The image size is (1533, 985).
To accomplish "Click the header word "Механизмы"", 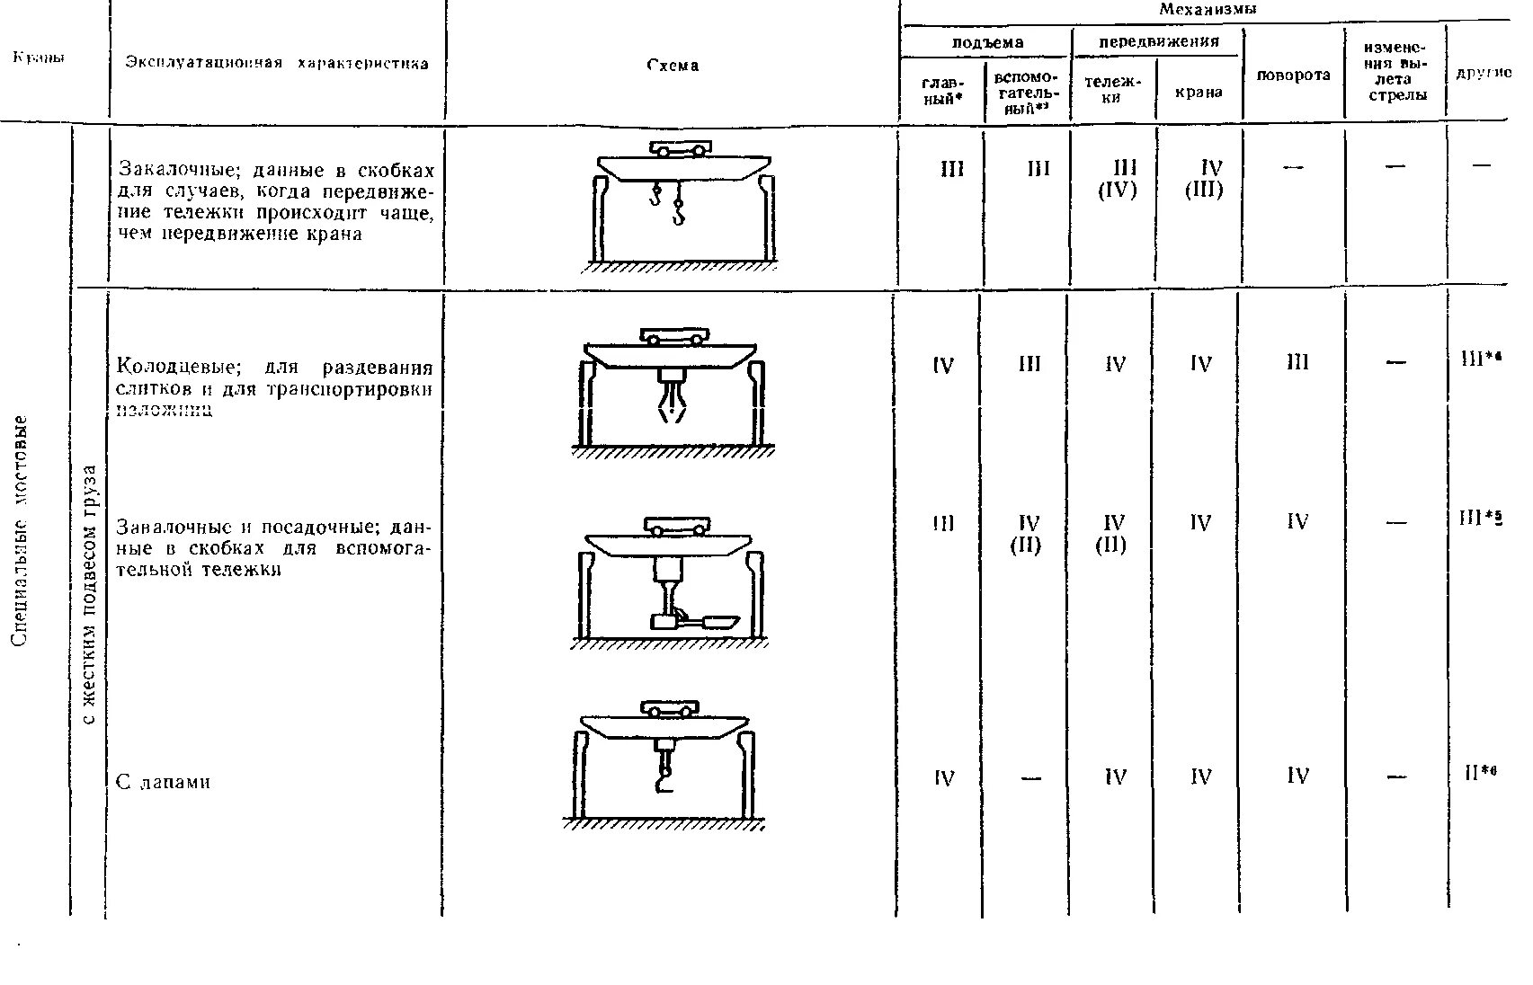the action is pyautogui.click(x=1207, y=10).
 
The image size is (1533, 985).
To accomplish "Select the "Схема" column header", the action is pyautogui.click(x=673, y=65).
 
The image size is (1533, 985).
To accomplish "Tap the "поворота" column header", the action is pyautogui.click(x=1293, y=75).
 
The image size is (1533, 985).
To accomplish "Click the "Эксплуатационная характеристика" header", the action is pyautogui.click(x=277, y=63).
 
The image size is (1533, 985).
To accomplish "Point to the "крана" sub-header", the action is pyautogui.click(x=1199, y=92).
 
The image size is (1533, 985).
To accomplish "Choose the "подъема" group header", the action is pyautogui.click(x=987, y=42).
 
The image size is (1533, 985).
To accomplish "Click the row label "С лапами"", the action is pyautogui.click(x=163, y=782).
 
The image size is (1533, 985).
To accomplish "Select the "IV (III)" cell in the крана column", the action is pyautogui.click(x=1203, y=179).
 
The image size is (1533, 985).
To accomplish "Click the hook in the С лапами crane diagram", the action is pyautogui.click(x=664, y=775).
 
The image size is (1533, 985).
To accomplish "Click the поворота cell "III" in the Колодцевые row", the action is pyautogui.click(x=1297, y=363).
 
